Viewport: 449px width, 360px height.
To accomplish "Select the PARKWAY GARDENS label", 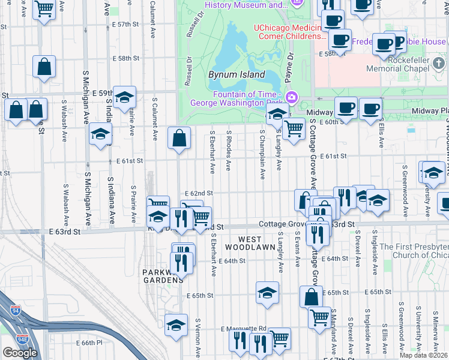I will (163, 277).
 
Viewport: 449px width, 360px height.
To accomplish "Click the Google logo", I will (19, 352).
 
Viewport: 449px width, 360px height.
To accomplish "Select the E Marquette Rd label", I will (243, 329).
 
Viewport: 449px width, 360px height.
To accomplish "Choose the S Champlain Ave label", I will (262, 154).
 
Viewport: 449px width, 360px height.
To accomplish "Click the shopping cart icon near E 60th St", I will (294, 128).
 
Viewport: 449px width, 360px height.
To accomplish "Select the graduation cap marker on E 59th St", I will (124, 97).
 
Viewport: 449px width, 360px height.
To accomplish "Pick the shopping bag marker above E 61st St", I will (179, 138).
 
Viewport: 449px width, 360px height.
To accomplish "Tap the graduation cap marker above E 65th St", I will (268, 292).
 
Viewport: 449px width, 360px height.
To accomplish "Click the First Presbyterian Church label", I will (414, 251).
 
